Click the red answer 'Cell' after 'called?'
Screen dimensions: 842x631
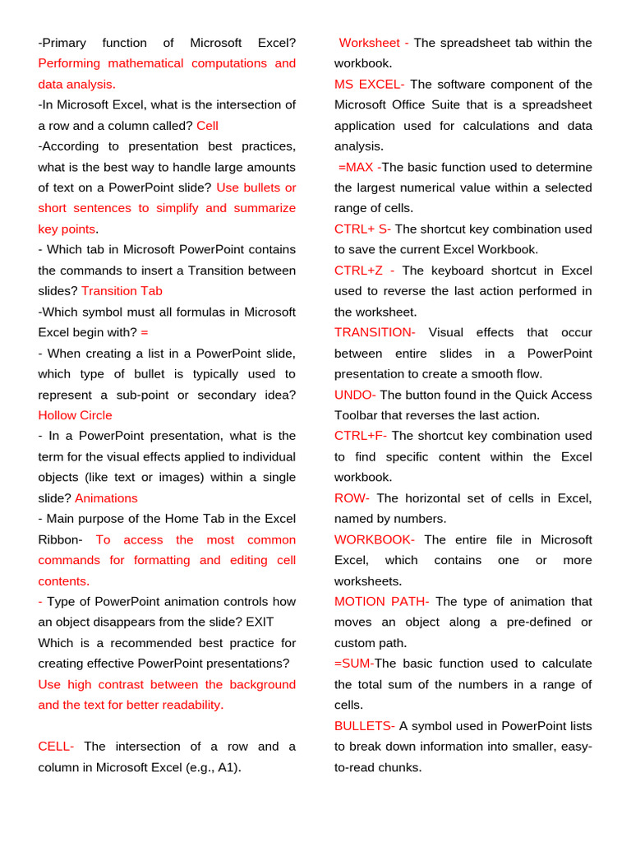[207, 126]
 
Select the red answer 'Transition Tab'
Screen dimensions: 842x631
[122, 291]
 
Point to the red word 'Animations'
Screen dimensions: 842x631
[106, 498]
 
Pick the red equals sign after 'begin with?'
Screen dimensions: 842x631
[145, 332]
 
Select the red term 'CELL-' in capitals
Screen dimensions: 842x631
[56, 747]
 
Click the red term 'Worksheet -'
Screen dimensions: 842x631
[373, 43]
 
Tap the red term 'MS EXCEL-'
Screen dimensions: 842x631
[369, 85]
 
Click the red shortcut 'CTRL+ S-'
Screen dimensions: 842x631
[362, 229]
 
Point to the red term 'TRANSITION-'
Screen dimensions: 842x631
[375, 332]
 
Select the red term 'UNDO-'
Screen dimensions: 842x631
[355, 395]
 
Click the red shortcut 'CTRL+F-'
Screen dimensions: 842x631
[360, 436]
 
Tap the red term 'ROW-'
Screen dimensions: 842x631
[352, 498]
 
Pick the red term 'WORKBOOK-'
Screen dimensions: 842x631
[374, 539]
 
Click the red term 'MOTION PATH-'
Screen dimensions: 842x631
[381, 602]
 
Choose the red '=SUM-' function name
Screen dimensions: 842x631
[353, 664]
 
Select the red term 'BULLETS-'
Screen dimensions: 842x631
[364, 726]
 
